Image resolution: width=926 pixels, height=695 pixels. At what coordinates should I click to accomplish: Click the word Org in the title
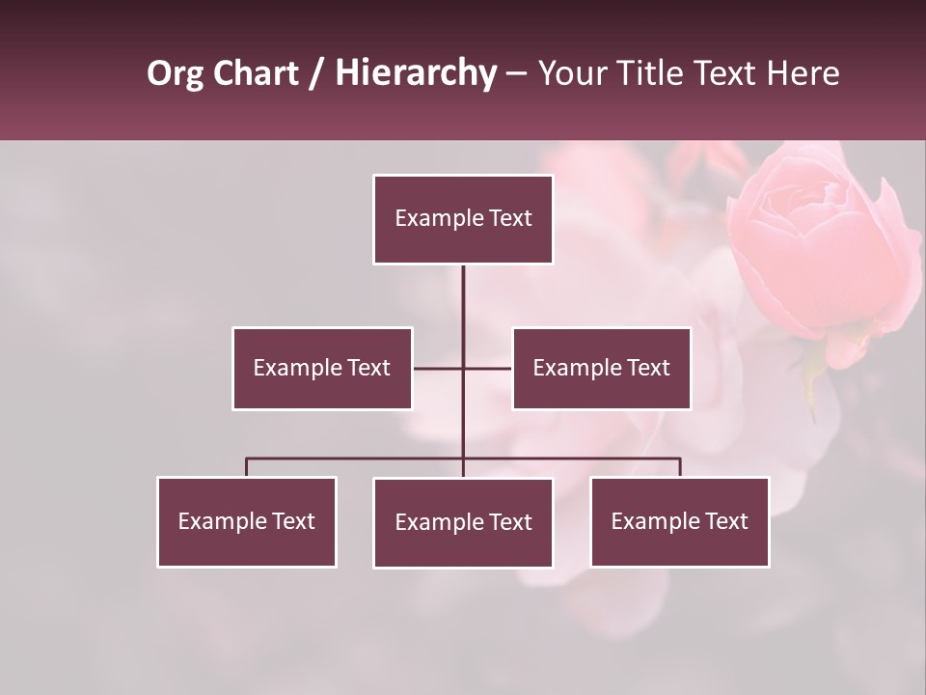pos(175,73)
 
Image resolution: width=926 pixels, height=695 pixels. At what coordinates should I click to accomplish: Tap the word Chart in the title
pos(256,73)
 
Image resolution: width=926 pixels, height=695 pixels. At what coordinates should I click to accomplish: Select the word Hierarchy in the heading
pos(416,73)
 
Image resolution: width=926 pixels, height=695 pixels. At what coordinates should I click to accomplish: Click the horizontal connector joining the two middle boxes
pos(439,368)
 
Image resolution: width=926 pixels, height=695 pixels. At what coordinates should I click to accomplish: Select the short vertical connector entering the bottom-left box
pos(247,467)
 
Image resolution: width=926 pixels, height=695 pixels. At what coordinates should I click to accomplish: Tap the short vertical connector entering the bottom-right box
pos(680,467)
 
